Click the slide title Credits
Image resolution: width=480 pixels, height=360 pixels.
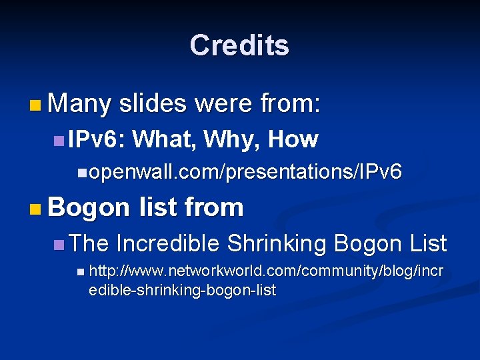(x=239, y=45)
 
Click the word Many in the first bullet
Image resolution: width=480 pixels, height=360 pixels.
(x=79, y=104)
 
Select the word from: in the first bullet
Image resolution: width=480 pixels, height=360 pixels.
(x=291, y=104)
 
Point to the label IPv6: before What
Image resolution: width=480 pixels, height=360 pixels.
(x=97, y=139)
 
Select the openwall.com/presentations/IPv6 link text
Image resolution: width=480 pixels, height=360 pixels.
(x=245, y=172)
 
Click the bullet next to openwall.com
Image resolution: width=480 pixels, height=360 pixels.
(x=81, y=173)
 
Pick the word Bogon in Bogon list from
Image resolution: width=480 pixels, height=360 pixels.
(x=89, y=208)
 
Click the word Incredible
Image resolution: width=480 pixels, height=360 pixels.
(x=167, y=243)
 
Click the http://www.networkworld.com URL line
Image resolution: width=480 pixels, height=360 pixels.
(x=265, y=273)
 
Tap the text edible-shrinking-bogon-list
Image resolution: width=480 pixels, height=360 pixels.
(x=182, y=290)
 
